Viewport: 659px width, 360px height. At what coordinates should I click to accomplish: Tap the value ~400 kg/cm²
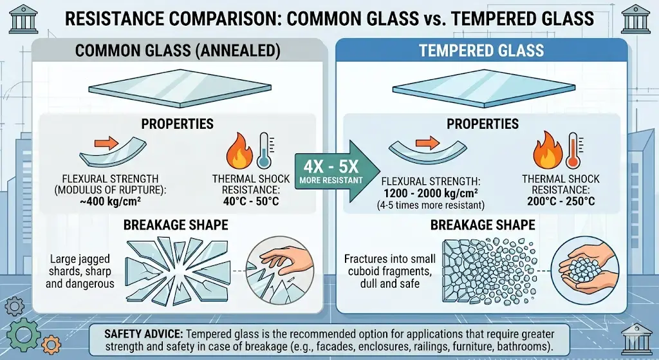110,201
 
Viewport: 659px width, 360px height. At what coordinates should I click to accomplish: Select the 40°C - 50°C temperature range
251,201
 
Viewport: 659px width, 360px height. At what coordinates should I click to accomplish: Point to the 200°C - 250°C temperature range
561,201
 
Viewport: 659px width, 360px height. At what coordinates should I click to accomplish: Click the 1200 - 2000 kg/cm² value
431,193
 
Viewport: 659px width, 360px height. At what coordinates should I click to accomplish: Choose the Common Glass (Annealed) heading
178,51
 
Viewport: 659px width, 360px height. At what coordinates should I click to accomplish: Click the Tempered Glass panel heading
481,51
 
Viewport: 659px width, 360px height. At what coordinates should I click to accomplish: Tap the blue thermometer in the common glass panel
264,149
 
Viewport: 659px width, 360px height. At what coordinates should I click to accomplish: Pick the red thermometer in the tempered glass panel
573,149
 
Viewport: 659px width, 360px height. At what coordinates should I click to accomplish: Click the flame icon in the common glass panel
240,151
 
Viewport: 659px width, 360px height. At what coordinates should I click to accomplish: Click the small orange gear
51,345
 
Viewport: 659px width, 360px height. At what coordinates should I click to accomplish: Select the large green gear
24,335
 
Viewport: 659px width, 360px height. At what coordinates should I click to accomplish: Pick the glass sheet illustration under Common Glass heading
180,88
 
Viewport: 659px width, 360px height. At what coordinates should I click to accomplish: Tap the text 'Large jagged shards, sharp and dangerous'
80,271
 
